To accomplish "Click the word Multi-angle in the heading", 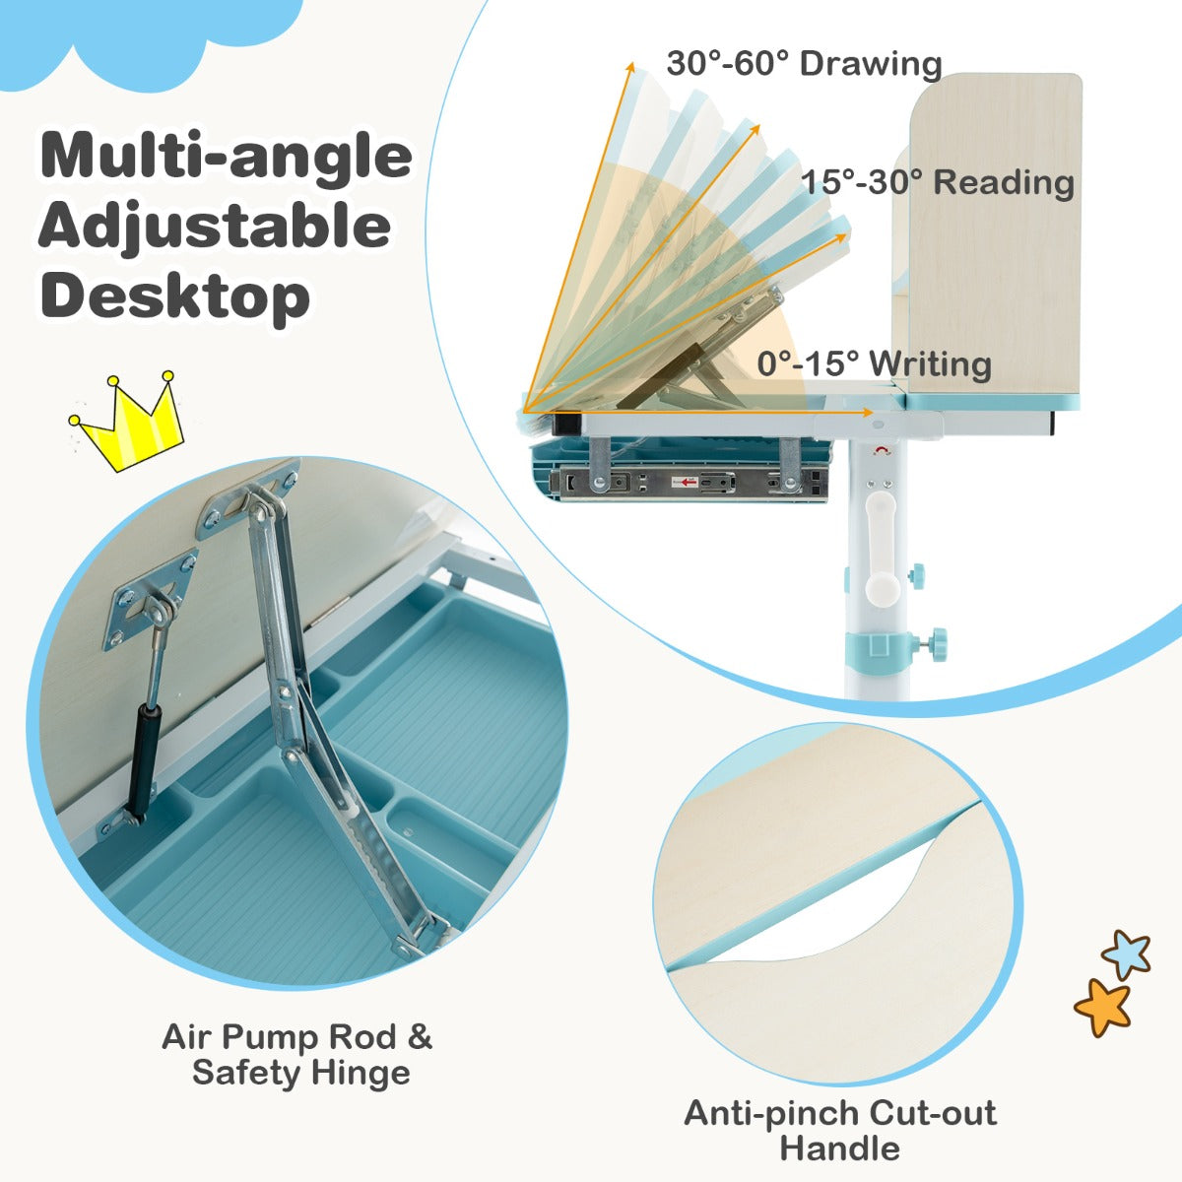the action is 226,157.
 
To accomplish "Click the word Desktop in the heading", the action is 174,296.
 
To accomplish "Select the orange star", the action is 1103,1008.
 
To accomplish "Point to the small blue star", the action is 1126,953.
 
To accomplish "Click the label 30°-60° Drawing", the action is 804,63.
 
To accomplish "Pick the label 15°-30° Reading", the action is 938,182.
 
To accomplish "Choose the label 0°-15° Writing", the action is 874,363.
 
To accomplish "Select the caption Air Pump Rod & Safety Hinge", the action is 298,1054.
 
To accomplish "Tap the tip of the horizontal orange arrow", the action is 872,412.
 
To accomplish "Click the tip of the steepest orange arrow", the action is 630,63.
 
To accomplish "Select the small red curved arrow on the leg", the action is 883,451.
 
